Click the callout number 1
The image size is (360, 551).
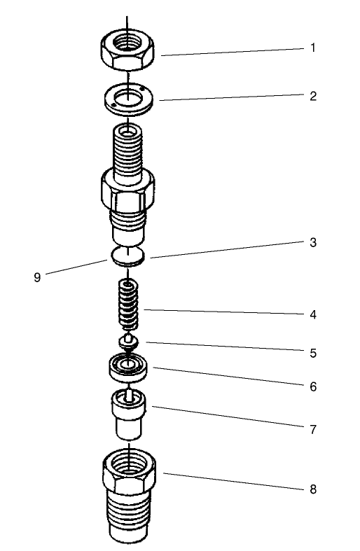(313, 48)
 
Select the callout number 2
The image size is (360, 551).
(313, 96)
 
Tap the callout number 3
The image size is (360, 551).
(313, 243)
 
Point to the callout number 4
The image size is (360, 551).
(313, 314)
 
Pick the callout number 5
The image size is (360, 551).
(313, 354)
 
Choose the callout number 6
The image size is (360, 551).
(313, 386)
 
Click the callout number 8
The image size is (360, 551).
(313, 489)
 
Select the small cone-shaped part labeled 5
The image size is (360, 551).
(127, 342)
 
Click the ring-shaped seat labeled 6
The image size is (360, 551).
(127, 365)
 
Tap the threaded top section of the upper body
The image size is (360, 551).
(127, 147)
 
